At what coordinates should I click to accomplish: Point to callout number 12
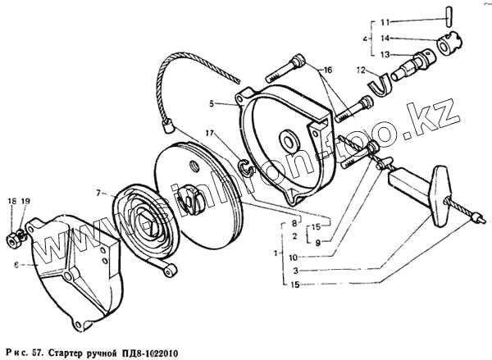click(x=359, y=70)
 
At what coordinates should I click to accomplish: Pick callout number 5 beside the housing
click(x=212, y=104)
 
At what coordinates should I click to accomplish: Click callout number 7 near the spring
click(x=97, y=194)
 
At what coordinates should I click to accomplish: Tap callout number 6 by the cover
click(x=16, y=265)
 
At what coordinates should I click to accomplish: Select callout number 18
click(x=11, y=201)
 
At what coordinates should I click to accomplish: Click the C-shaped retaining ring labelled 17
click(x=244, y=169)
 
